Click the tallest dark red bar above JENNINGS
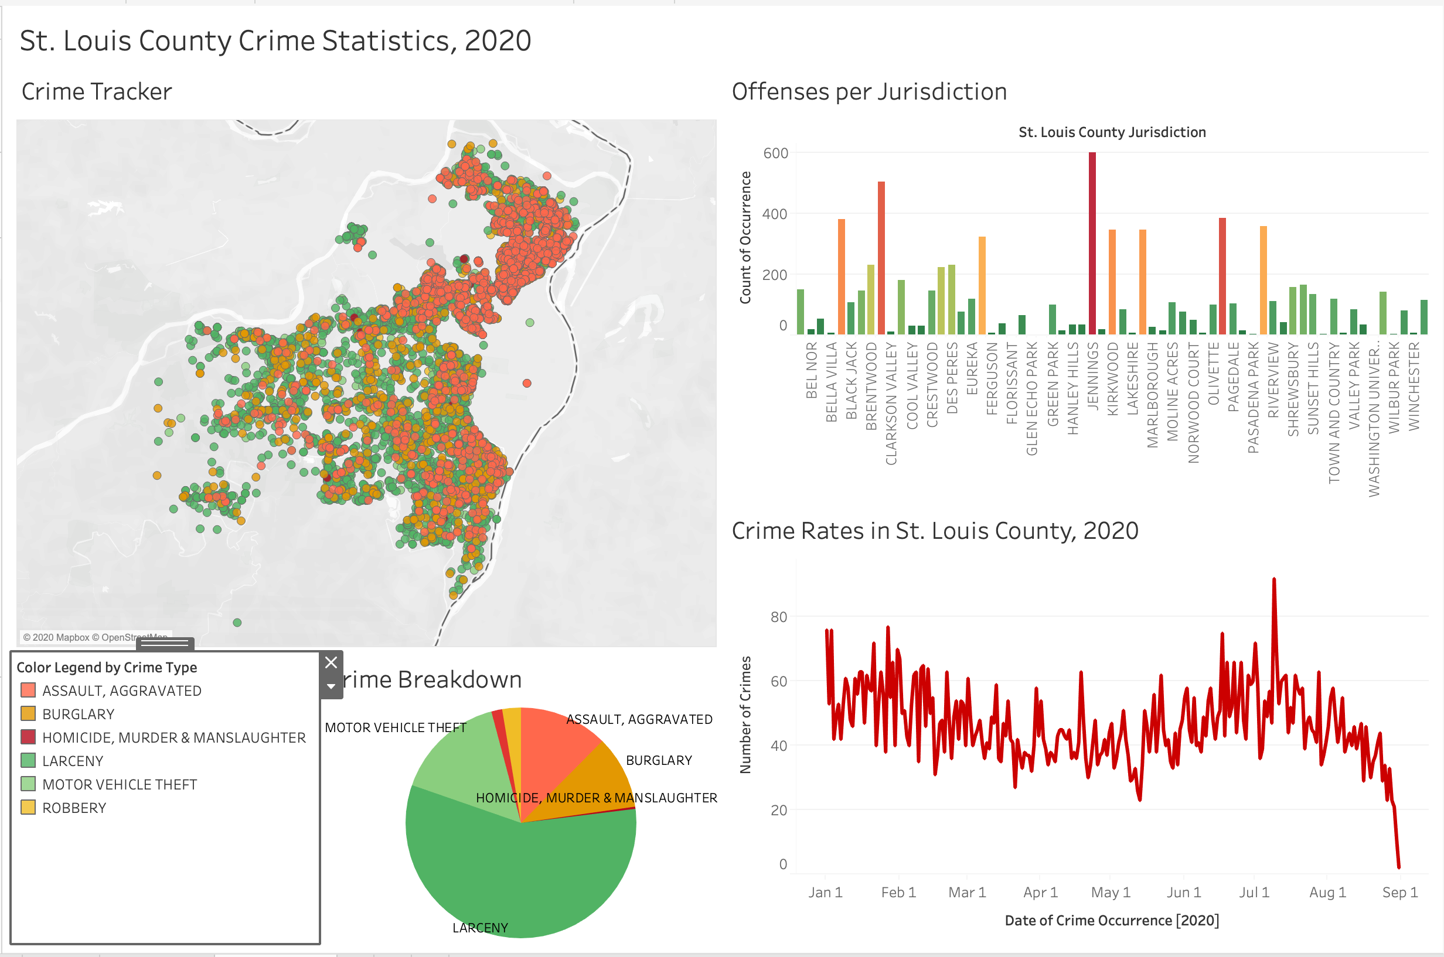tap(1092, 244)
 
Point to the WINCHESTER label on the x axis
tap(1414, 386)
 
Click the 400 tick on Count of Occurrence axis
tap(775, 214)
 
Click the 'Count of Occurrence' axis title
tap(745, 237)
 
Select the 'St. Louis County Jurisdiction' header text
tap(1112, 132)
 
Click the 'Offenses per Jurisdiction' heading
tap(869, 91)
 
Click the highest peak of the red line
tap(1273, 580)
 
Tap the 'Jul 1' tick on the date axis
tap(1254, 893)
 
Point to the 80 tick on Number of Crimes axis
tap(778, 617)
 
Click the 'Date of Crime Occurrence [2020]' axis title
tap(1111, 920)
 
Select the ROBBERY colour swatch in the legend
tap(28, 808)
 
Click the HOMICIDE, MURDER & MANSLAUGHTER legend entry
tap(173, 737)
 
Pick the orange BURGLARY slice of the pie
tap(595, 781)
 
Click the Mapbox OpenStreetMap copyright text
tap(94, 637)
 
